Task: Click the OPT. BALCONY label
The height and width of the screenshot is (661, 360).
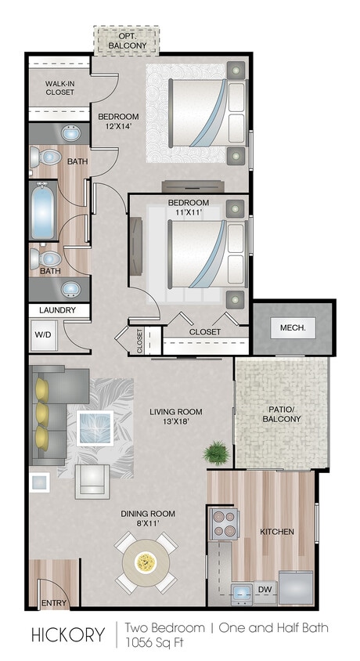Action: tap(127, 41)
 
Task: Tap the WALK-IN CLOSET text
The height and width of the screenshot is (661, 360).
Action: tap(59, 87)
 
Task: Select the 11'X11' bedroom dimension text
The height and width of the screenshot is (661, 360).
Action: tap(189, 214)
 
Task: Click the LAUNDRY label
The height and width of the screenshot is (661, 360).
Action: tap(56, 310)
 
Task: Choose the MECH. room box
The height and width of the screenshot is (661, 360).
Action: tap(292, 327)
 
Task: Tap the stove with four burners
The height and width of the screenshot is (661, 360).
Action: tap(225, 522)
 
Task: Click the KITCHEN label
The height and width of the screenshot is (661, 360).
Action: tap(277, 532)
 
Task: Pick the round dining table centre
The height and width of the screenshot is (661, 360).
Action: tap(145, 562)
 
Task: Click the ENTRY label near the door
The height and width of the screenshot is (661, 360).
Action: tap(54, 603)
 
